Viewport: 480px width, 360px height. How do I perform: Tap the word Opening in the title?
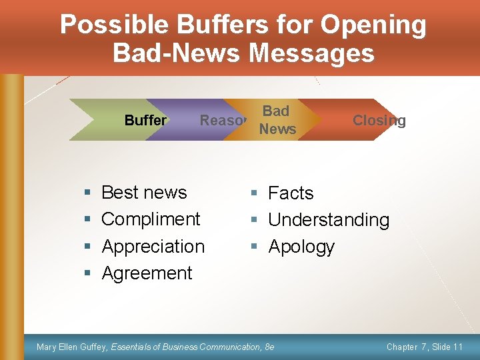pyautogui.click(x=373, y=25)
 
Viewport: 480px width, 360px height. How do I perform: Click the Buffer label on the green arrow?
pyautogui.click(x=145, y=121)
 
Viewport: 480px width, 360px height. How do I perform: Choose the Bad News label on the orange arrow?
pyautogui.click(x=277, y=120)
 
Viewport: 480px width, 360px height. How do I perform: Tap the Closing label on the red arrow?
pyautogui.click(x=379, y=121)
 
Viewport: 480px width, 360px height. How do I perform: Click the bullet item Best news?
pyautogui.click(x=144, y=193)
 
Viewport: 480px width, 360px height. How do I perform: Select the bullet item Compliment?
pyautogui.click(x=151, y=219)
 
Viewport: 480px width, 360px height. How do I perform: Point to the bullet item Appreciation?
pyautogui.click(x=153, y=247)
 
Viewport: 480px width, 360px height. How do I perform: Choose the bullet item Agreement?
pyautogui.click(x=147, y=273)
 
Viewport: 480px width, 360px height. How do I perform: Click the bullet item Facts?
pyautogui.click(x=291, y=193)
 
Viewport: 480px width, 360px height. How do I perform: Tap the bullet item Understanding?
pyautogui.click(x=329, y=220)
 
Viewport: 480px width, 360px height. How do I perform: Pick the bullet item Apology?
pyautogui.click(x=301, y=247)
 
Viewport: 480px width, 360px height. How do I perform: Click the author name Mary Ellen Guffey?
pyautogui.click(x=72, y=347)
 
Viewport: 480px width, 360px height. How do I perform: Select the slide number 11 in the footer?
pyautogui.click(x=457, y=347)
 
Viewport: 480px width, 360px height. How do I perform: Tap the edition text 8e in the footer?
pyautogui.click(x=269, y=347)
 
